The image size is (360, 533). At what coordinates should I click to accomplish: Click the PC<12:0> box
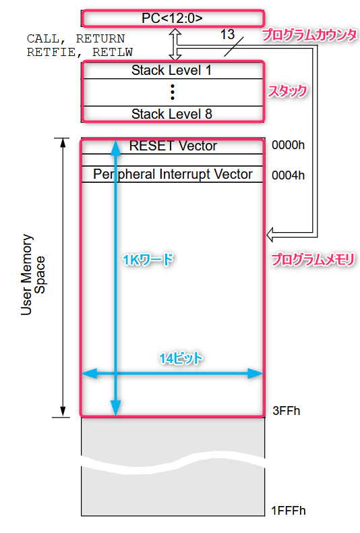(173, 18)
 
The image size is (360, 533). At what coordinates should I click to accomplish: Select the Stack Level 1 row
(173, 70)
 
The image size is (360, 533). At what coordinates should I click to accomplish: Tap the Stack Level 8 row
(173, 114)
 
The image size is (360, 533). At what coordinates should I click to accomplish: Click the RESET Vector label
(173, 146)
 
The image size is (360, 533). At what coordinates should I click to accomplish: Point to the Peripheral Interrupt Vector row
(173, 174)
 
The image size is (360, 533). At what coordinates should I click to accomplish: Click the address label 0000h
(288, 145)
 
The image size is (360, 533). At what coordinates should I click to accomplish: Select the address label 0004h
(288, 175)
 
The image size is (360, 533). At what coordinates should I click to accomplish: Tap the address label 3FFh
(287, 411)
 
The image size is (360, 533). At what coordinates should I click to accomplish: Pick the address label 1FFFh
(289, 511)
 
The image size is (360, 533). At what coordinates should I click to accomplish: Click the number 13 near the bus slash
(227, 34)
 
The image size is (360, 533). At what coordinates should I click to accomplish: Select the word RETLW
(113, 52)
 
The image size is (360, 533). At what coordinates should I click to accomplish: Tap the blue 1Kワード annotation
(148, 260)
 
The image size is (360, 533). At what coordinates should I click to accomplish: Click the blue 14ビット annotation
(181, 358)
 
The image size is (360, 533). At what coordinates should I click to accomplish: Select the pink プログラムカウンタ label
(309, 35)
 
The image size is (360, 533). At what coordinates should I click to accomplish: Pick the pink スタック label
(287, 91)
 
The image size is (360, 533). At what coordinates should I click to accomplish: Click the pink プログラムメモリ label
(313, 260)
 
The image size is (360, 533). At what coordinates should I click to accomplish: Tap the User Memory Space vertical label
(32, 275)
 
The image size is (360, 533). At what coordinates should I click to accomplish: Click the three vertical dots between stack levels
(173, 92)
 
